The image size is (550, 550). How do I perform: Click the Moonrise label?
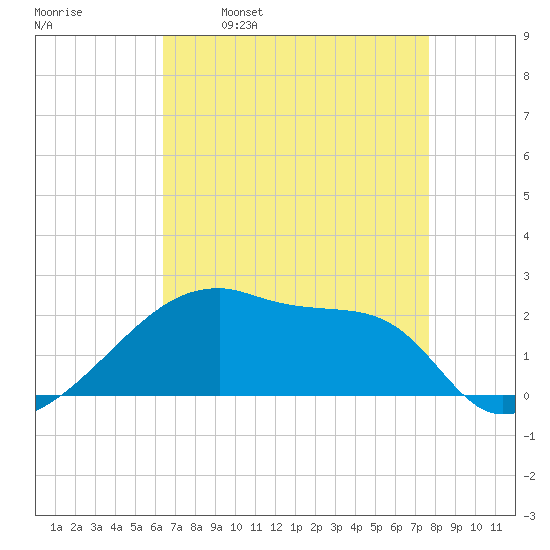click(58, 12)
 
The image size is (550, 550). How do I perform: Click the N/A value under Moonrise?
click(43, 25)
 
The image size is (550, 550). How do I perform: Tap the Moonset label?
click(242, 12)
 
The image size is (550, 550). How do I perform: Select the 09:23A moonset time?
click(239, 25)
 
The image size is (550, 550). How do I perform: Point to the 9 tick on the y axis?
click(526, 36)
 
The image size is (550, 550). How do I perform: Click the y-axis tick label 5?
click(526, 196)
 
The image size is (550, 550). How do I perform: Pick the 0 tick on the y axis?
click(526, 396)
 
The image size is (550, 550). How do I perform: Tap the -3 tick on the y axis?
click(529, 516)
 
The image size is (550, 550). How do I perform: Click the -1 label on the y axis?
click(529, 436)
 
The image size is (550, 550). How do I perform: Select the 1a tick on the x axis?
click(56, 527)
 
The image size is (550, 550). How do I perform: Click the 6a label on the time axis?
click(156, 527)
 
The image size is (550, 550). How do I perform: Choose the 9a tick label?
click(216, 527)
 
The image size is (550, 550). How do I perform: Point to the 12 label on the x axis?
click(276, 527)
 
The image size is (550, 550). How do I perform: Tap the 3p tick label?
click(336, 527)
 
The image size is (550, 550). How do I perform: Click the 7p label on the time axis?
click(416, 527)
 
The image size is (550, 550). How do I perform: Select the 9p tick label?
click(456, 527)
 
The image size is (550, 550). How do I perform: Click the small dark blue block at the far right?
click(509, 404)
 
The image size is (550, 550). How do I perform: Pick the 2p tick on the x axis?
click(316, 527)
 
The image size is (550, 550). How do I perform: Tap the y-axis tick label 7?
click(526, 116)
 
